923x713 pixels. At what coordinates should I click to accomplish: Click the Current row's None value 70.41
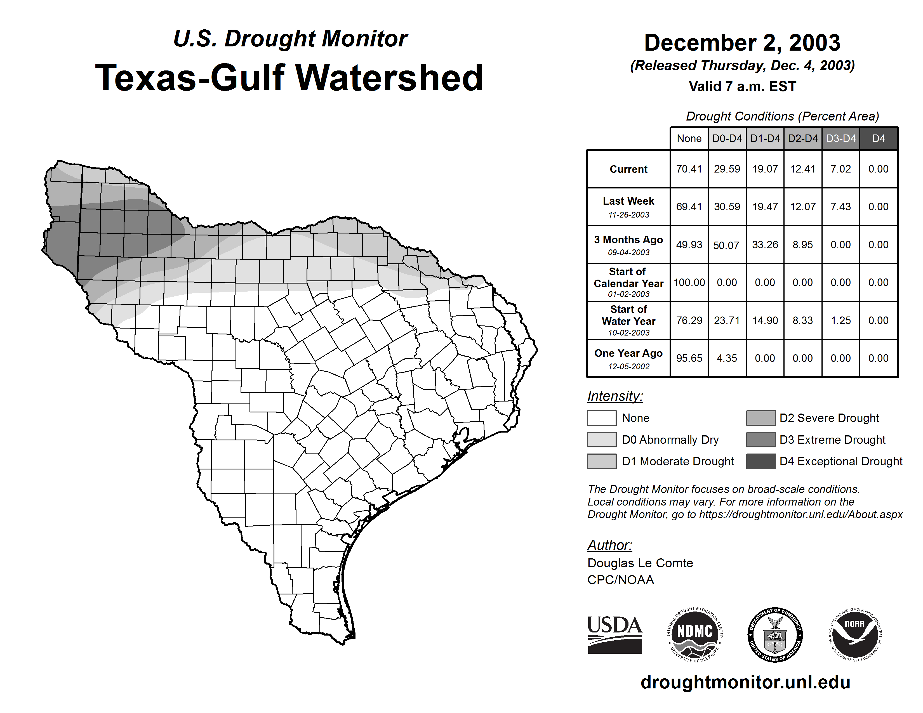coord(689,169)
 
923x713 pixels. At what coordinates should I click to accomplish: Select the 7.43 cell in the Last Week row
coord(840,207)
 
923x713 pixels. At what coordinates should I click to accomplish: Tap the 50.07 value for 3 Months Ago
coord(726,245)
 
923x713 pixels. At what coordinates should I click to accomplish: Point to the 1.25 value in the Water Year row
coord(840,320)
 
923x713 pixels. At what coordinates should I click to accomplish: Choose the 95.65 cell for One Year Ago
coord(689,358)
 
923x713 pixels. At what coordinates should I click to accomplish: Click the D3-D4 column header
coord(840,138)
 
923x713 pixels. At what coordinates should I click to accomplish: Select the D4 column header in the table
coord(878,138)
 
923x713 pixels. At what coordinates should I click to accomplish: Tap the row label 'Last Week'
coord(628,201)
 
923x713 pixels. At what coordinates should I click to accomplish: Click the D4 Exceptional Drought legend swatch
coord(761,461)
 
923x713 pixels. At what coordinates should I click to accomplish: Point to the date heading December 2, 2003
coord(742,43)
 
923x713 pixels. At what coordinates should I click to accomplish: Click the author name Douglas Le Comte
coord(640,563)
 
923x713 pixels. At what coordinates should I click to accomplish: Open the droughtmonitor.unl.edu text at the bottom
coord(745,682)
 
